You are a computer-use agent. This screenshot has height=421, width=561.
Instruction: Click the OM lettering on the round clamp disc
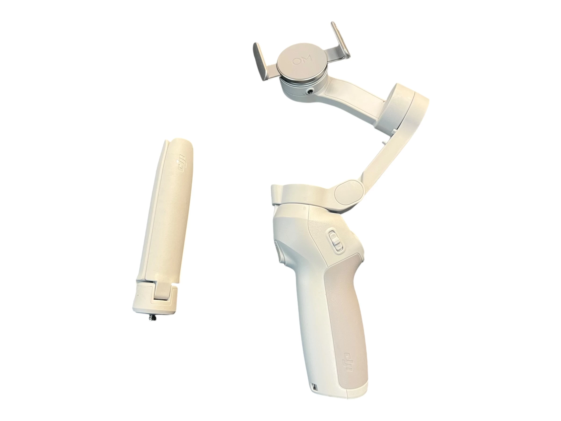click(x=302, y=61)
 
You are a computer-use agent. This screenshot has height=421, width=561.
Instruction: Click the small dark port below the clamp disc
click(x=309, y=91)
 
